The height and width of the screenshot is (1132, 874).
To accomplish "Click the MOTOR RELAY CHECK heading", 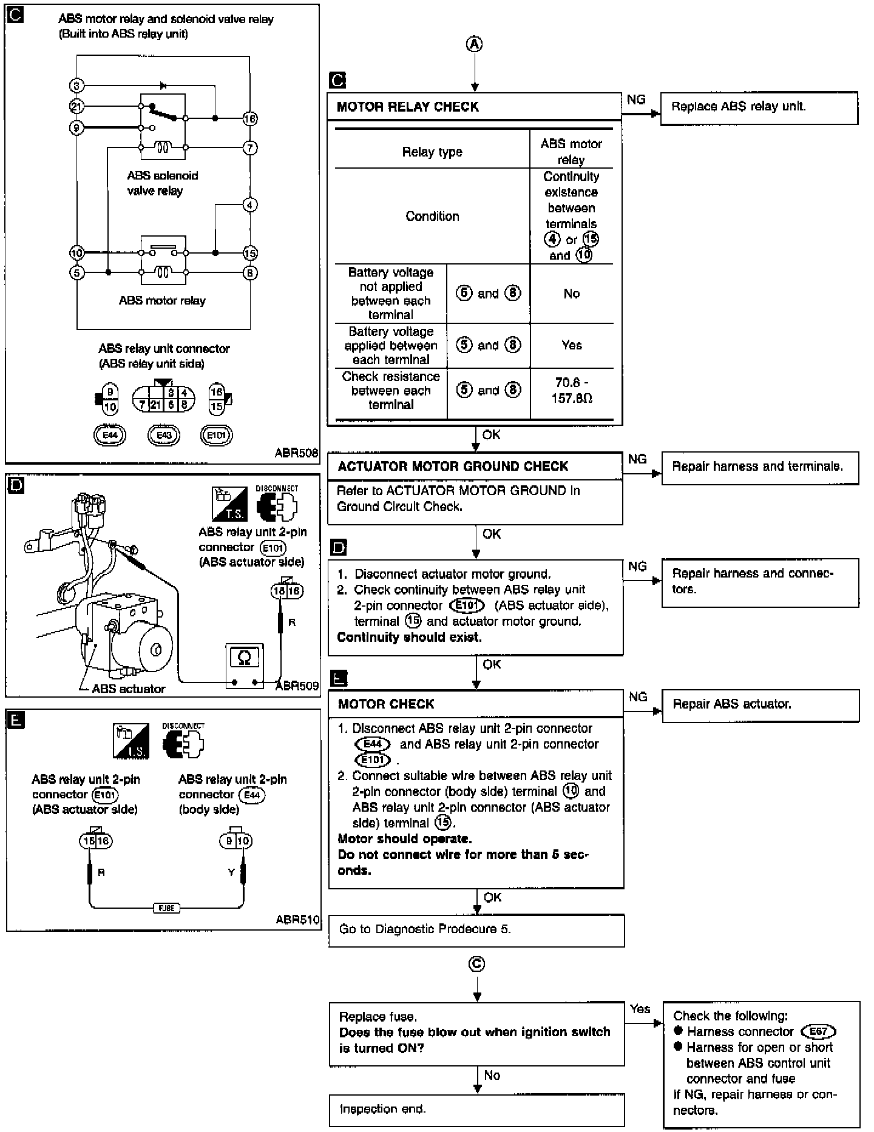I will tap(408, 107).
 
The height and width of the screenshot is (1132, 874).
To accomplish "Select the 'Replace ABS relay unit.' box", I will tap(759, 107).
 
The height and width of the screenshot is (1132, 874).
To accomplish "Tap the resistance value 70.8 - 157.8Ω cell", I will tap(572, 391).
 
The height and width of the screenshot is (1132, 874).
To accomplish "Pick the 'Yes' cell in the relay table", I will tap(572, 345).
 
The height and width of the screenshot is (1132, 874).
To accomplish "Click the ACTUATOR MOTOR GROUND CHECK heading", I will tap(453, 467).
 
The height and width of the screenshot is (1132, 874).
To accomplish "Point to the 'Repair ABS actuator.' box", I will tap(760, 705).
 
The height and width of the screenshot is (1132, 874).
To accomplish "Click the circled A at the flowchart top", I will tap(475, 44).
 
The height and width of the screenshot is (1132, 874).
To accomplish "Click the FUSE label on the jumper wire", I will tap(166, 908).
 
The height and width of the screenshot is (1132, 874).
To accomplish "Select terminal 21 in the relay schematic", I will tap(77, 107).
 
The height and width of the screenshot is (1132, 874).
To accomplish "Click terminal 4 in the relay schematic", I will tap(250, 205).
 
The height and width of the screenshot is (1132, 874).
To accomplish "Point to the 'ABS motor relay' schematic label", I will tap(162, 301).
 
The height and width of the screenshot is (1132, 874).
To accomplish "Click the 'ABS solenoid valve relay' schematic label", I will tap(162, 183).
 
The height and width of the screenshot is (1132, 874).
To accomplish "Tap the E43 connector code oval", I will tap(164, 435).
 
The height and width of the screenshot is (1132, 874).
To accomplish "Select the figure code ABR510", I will tap(297, 920).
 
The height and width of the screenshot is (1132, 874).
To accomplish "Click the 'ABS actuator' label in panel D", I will tap(129, 689).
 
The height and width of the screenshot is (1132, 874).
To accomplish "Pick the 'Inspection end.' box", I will tap(476, 1110).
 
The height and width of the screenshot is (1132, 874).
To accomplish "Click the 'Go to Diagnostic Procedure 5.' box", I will tap(476, 929).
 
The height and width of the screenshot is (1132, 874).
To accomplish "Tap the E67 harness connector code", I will tap(818, 1032).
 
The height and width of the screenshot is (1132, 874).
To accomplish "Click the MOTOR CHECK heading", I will tap(386, 704).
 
